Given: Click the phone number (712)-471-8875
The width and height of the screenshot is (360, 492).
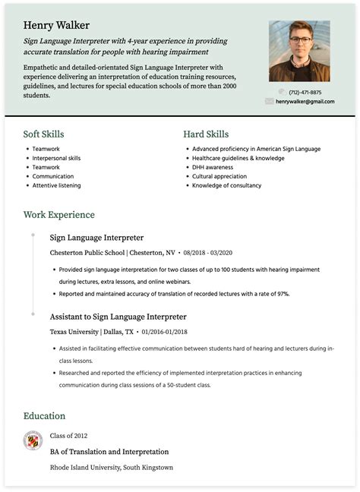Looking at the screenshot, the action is click(x=305, y=93).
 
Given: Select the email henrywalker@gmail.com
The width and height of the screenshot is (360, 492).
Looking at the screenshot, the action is click(x=305, y=101).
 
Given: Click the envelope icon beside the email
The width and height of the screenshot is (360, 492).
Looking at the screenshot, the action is click(x=269, y=101).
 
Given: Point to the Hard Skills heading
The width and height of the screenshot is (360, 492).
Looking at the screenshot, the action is click(x=207, y=134).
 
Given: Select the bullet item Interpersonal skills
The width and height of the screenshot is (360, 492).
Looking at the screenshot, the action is click(x=56, y=158).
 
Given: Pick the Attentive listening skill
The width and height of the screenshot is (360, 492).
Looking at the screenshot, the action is click(x=56, y=185).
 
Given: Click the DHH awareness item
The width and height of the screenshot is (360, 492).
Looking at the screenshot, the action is click(x=213, y=167).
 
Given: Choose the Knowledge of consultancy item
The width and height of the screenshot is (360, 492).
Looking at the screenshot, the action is click(x=226, y=185).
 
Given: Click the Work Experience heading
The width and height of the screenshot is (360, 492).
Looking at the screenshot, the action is click(x=59, y=215).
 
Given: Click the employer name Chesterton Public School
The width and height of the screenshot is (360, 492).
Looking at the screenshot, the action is click(x=87, y=252).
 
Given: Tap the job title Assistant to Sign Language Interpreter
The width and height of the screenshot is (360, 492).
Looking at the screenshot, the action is click(x=118, y=316).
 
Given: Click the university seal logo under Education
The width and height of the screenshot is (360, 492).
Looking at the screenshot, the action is click(x=33, y=440).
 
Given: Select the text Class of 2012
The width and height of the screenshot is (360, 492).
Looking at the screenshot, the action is click(x=69, y=435).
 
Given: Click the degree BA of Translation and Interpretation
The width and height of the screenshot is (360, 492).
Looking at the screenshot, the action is click(x=109, y=451).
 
